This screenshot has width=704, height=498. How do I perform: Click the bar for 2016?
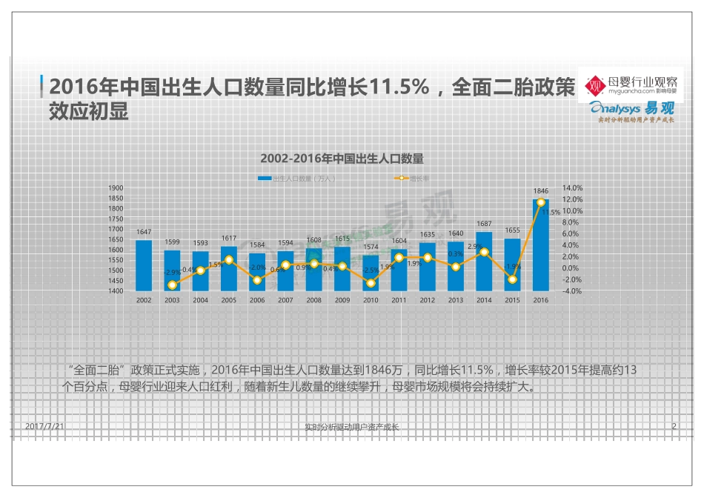(x=540, y=245)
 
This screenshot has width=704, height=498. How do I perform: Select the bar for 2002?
(x=144, y=265)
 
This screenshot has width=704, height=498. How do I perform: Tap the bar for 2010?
(x=371, y=273)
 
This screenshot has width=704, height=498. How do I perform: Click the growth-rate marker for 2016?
(x=541, y=202)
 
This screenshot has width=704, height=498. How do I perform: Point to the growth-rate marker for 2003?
(x=172, y=285)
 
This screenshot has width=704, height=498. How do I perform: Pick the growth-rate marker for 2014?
(x=484, y=252)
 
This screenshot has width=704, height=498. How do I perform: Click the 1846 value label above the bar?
(x=540, y=191)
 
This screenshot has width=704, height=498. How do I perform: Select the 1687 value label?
(x=484, y=224)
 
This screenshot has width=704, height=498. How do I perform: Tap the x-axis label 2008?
(x=313, y=300)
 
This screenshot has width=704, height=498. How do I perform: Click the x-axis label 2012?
(x=428, y=300)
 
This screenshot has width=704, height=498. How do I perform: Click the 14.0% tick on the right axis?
(x=574, y=188)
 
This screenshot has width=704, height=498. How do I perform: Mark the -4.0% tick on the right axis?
(x=574, y=291)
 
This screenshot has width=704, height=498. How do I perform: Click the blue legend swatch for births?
(x=265, y=179)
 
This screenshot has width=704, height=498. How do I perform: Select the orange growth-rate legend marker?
(x=401, y=179)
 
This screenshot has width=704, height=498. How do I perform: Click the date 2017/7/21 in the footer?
(x=45, y=427)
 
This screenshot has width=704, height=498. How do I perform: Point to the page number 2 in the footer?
(x=674, y=427)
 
